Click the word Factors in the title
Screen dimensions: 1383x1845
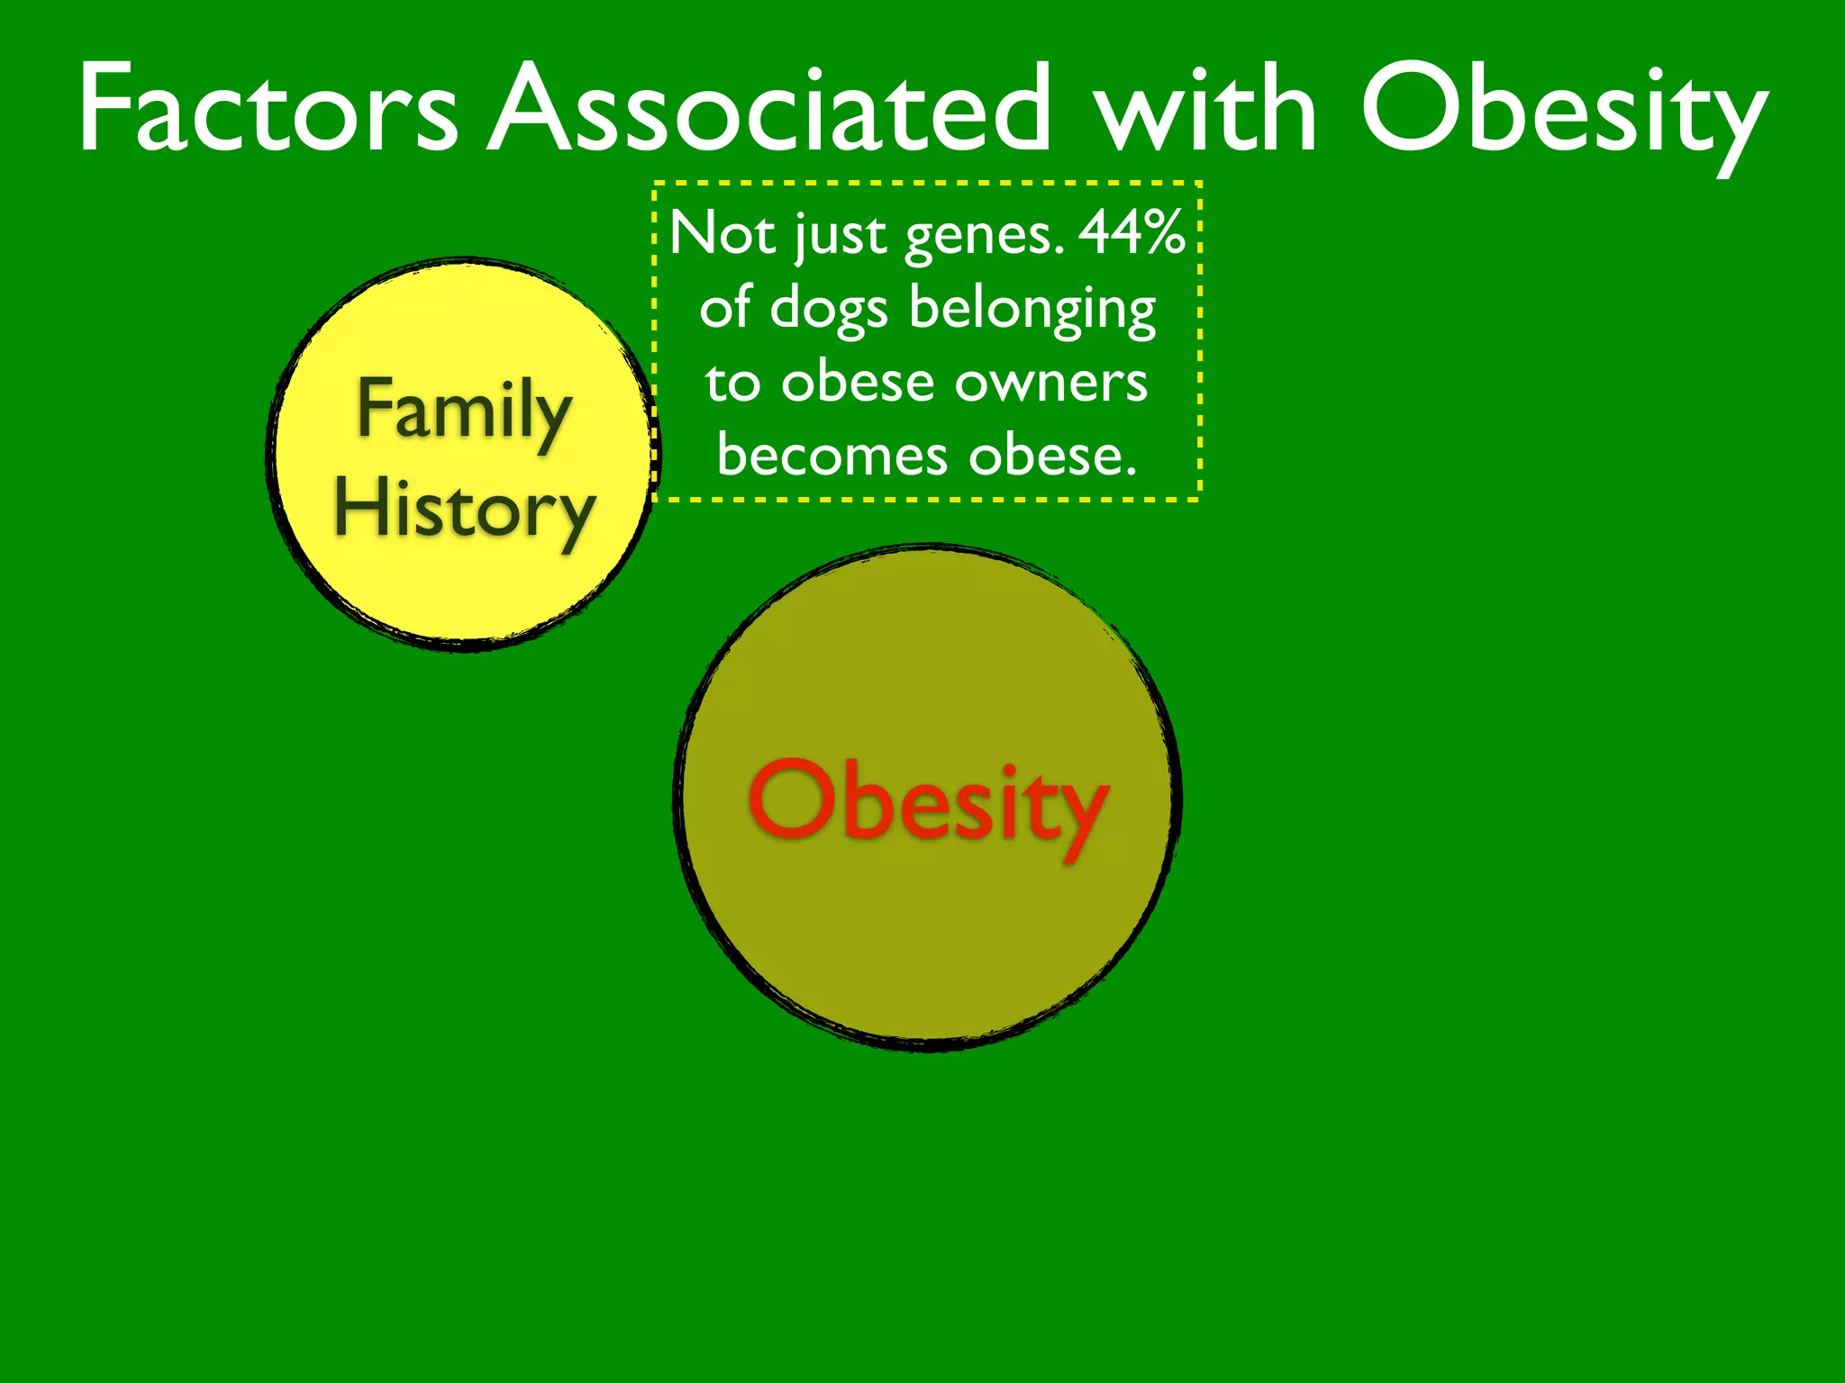(x=268, y=110)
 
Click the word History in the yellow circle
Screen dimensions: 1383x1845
(x=465, y=510)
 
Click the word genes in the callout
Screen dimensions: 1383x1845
(x=985, y=237)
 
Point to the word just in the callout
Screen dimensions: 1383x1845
(x=841, y=237)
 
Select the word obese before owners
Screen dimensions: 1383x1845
(x=858, y=382)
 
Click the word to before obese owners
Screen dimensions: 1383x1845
(x=732, y=384)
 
